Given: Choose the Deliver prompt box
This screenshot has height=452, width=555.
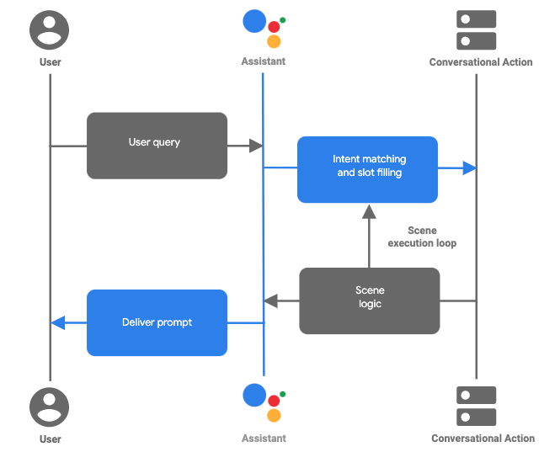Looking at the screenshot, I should [157, 322].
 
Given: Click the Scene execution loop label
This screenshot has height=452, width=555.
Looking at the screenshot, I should [422, 237].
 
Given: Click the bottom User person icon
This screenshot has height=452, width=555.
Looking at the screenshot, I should [50, 408].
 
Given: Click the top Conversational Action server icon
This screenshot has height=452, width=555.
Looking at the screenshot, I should [476, 30].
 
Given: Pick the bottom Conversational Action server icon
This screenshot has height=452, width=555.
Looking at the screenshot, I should [476, 406].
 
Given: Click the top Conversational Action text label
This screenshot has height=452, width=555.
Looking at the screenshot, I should [481, 62].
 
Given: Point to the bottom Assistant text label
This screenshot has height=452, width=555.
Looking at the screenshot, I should [264, 439].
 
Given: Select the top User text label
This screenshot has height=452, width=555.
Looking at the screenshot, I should [51, 62].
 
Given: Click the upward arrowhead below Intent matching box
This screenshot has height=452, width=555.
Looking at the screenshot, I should [368, 211].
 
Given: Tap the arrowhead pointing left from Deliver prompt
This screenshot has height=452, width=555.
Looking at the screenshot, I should [57, 322].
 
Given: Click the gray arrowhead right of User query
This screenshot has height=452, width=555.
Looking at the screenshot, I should [257, 146].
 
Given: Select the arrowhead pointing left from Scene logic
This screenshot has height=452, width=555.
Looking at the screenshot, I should [270, 300].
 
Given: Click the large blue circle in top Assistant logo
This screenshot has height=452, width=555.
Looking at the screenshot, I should [254, 21].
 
